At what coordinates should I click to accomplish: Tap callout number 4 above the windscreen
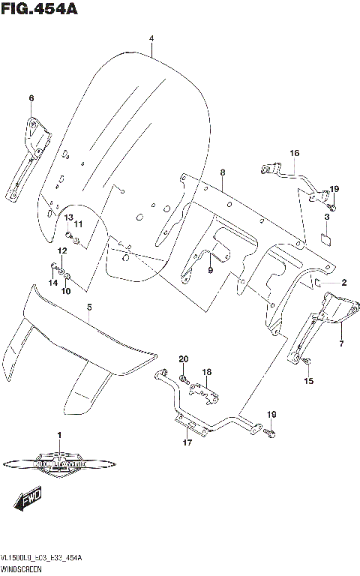coord(151,38)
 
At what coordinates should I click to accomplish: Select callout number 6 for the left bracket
coord(31,98)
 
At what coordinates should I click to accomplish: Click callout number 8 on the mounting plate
coord(222,173)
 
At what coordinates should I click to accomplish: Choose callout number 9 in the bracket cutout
coord(211,269)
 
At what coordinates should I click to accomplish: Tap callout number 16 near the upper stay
coord(295,154)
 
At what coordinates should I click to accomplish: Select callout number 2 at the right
coord(343,283)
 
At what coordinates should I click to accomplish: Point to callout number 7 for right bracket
coord(340,344)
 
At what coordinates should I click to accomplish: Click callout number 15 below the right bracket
coord(308,381)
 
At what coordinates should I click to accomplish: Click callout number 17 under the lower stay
coord(187,442)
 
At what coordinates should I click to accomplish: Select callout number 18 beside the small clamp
coord(207,371)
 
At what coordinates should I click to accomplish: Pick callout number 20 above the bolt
coord(183,359)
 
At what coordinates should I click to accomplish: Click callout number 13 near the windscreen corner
coord(67,217)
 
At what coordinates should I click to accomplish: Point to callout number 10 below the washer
coord(66,291)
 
